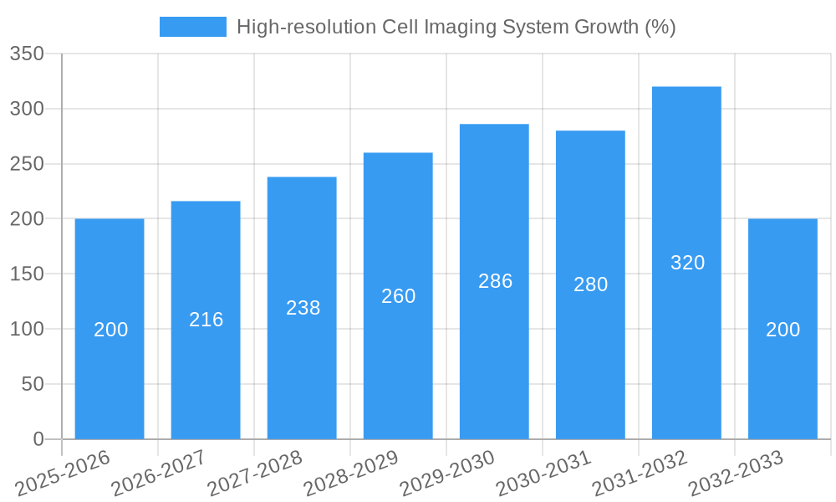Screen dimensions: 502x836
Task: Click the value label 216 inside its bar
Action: (206, 320)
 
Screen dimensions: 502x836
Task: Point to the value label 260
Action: (399, 296)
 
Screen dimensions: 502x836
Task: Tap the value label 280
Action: (591, 284)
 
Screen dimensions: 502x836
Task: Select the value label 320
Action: (688, 263)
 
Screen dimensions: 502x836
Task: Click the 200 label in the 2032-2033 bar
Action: (783, 330)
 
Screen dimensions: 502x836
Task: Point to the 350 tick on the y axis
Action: (27, 54)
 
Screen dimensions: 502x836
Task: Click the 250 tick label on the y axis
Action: (27, 165)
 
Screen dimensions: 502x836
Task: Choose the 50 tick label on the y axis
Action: (33, 385)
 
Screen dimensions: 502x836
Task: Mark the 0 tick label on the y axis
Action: (38, 439)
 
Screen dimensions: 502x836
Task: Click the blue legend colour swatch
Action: (193, 27)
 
